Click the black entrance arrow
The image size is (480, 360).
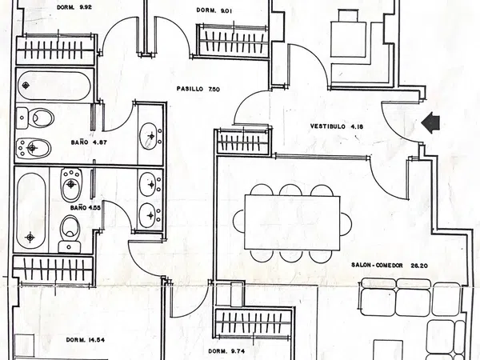coord(431,122)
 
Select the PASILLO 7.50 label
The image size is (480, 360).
coord(197,89)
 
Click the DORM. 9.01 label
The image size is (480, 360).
coord(214,10)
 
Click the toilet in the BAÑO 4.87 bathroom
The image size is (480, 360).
coord(38,118)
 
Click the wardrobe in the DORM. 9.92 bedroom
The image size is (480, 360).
coord(56,50)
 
